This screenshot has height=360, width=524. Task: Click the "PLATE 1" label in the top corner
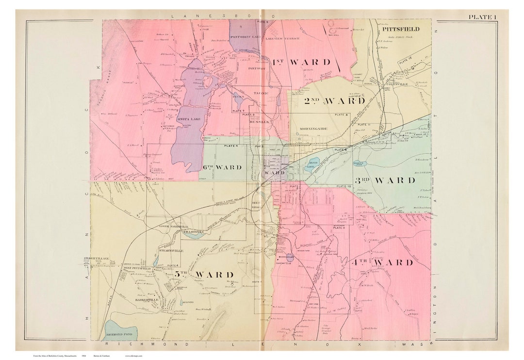(x=482, y=17)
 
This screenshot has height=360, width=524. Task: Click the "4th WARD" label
(x=381, y=262)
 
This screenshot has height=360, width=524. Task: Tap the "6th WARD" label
(x=222, y=167)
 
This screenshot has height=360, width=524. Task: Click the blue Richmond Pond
(x=120, y=329)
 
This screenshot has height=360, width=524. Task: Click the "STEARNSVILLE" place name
(x=173, y=251)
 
